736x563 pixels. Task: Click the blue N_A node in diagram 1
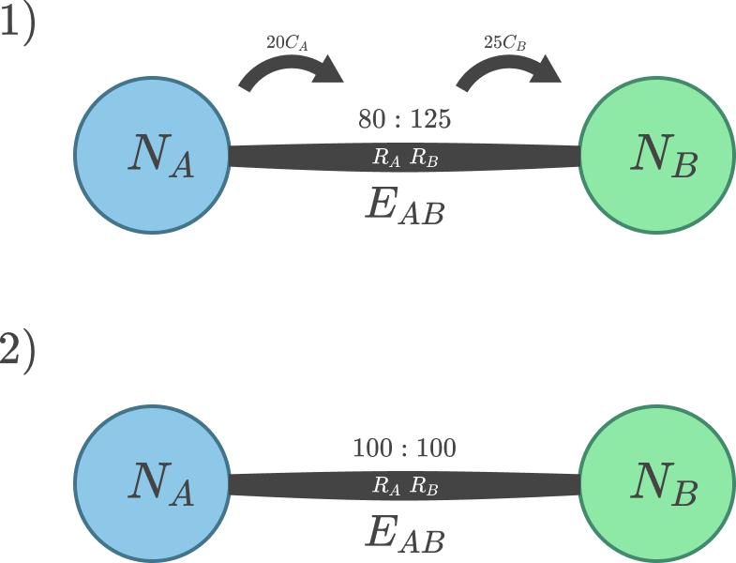pos(152,155)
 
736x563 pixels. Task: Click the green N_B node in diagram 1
pos(656,155)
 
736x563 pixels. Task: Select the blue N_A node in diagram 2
pos(152,484)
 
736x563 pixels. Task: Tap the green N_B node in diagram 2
pos(656,484)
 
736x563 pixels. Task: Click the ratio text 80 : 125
pos(404,120)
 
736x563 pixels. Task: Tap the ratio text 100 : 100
pos(404,449)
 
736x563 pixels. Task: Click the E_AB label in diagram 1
pos(404,205)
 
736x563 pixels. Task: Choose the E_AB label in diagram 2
pos(404,534)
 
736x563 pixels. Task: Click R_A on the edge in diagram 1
pos(387,159)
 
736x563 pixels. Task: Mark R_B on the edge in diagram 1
pos(424,159)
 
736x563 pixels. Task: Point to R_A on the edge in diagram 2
pos(387,486)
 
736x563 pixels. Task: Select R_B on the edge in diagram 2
pos(424,486)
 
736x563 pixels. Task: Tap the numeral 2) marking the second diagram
pos(17,354)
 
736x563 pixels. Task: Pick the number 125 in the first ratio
pos(430,120)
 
